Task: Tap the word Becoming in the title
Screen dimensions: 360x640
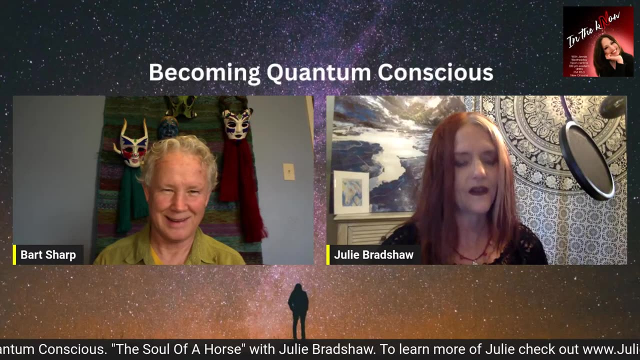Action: pyautogui.click(x=204, y=73)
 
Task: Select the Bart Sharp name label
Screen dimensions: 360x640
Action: pyautogui.click(x=48, y=255)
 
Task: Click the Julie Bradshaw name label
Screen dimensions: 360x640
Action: pyautogui.click(x=373, y=255)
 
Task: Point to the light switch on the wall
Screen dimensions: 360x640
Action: pyautogui.click(x=289, y=171)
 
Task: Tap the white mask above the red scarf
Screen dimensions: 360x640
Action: pyautogui.click(x=237, y=123)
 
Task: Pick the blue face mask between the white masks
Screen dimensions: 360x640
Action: pyautogui.click(x=168, y=128)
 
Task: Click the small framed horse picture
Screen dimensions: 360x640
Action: pyautogui.click(x=351, y=191)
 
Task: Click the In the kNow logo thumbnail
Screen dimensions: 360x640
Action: pyautogui.click(x=598, y=41)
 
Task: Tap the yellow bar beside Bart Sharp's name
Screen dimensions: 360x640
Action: pyautogui.click(x=14, y=254)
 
